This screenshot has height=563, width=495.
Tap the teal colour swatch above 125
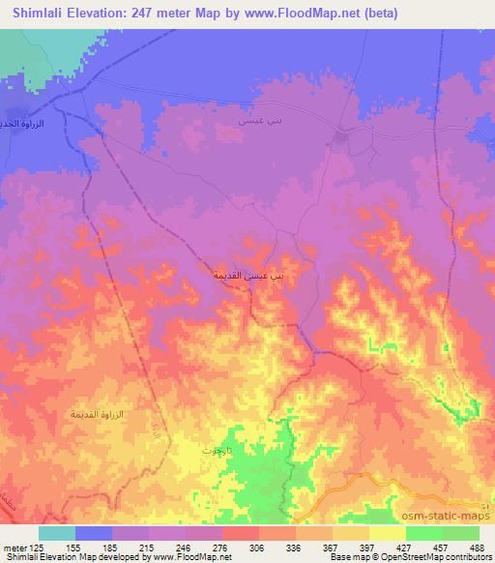click(x=57, y=533)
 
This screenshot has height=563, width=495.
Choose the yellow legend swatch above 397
click(x=388, y=533)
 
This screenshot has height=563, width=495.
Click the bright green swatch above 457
click(x=443, y=533)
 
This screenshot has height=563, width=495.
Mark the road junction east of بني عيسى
click(x=340, y=136)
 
